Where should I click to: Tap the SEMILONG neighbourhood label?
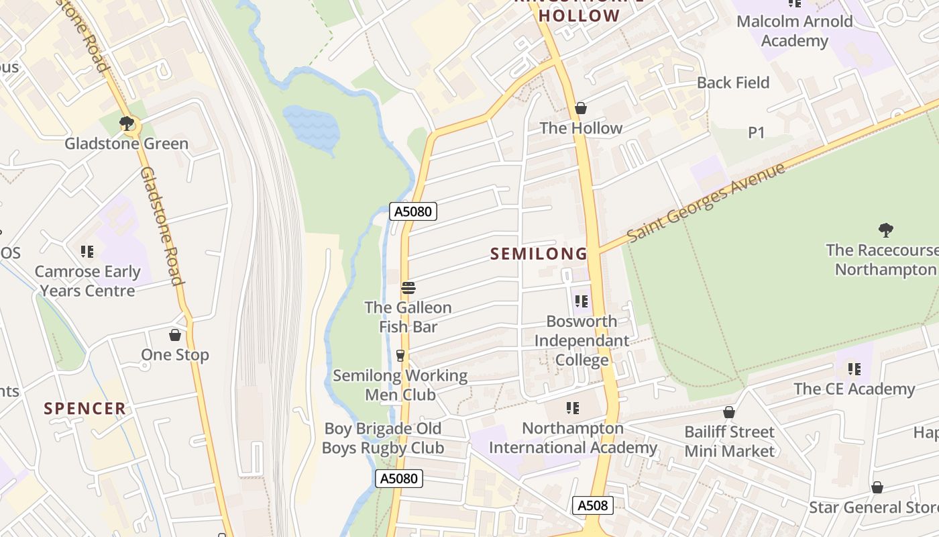pyautogui.click(x=539, y=254)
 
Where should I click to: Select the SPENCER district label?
pyautogui.click(x=85, y=408)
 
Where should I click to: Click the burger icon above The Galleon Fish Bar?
pyautogui.click(x=408, y=289)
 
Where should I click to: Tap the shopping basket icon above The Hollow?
pyautogui.click(x=581, y=108)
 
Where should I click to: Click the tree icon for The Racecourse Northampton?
pyautogui.click(x=885, y=230)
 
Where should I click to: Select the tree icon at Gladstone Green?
pyautogui.click(x=126, y=123)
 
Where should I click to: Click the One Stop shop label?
pyautogui.click(x=175, y=354)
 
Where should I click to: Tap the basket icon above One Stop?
pyautogui.click(x=175, y=335)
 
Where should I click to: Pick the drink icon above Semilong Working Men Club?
pyautogui.click(x=400, y=355)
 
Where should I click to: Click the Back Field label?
pyautogui.click(x=733, y=83)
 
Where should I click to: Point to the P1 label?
pyautogui.click(x=756, y=133)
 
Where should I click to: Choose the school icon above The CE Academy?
pyautogui.click(x=854, y=369)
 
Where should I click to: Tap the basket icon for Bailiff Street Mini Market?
pyautogui.click(x=729, y=412)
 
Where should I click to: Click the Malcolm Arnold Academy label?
pyautogui.click(x=795, y=31)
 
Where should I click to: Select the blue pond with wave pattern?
pyautogui.click(x=312, y=126)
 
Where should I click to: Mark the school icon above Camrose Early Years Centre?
pyautogui.click(x=87, y=252)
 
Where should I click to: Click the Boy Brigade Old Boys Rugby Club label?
pyautogui.click(x=383, y=438)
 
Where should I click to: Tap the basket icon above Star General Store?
pyautogui.click(x=877, y=487)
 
